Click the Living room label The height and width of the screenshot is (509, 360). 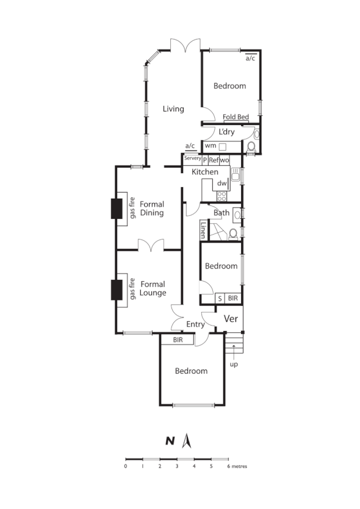click(x=173, y=109)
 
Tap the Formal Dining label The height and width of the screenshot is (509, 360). click(x=151, y=208)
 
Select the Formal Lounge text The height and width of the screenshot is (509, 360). click(x=153, y=288)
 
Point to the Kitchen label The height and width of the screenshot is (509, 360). click(x=205, y=173)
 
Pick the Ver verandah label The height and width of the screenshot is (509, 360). click(x=231, y=319)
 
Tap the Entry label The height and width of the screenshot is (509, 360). click(x=195, y=324)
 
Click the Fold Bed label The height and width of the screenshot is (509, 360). click(x=236, y=117)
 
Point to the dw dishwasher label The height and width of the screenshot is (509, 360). click(x=222, y=183)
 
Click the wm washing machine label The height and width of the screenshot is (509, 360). click(x=210, y=146)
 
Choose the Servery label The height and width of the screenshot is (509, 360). click(x=192, y=158)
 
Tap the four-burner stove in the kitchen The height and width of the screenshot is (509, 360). click(x=222, y=196)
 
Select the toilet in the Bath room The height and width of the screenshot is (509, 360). click(x=233, y=235)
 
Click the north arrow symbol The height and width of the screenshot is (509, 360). click(x=189, y=440)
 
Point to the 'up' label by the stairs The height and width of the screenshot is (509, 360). click(x=234, y=365)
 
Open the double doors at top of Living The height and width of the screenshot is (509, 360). click(x=185, y=46)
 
